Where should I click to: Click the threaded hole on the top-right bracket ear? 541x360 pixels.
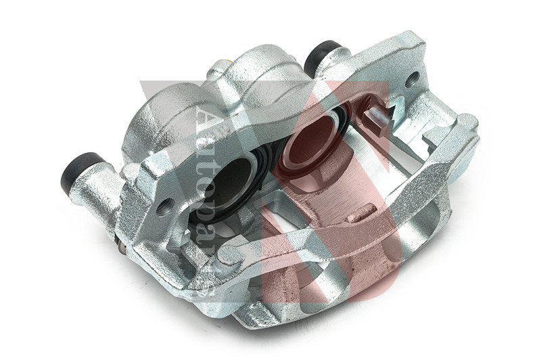point(412,80)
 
